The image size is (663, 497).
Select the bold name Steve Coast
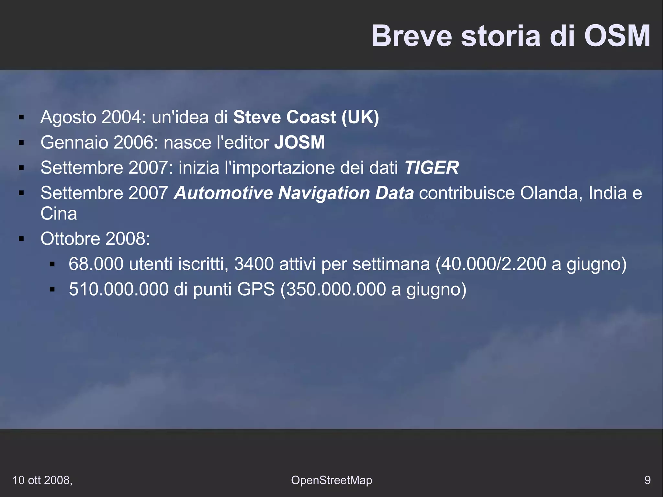click(x=285, y=117)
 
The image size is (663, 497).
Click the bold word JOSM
click(x=299, y=142)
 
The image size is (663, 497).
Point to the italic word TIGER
click(x=432, y=167)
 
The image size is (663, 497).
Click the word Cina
click(x=59, y=214)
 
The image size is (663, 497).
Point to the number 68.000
click(x=96, y=264)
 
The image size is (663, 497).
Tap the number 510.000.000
click(x=118, y=289)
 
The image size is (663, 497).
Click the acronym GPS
click(x=256, y=289)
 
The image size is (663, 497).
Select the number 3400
click(x=254, y=264)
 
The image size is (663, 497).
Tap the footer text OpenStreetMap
click(x=331, y=480)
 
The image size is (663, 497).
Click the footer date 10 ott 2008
click(x=42, y=480)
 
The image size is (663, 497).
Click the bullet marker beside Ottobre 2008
click(x=22, y=239)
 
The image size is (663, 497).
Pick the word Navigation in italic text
click(x=324, y=193)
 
